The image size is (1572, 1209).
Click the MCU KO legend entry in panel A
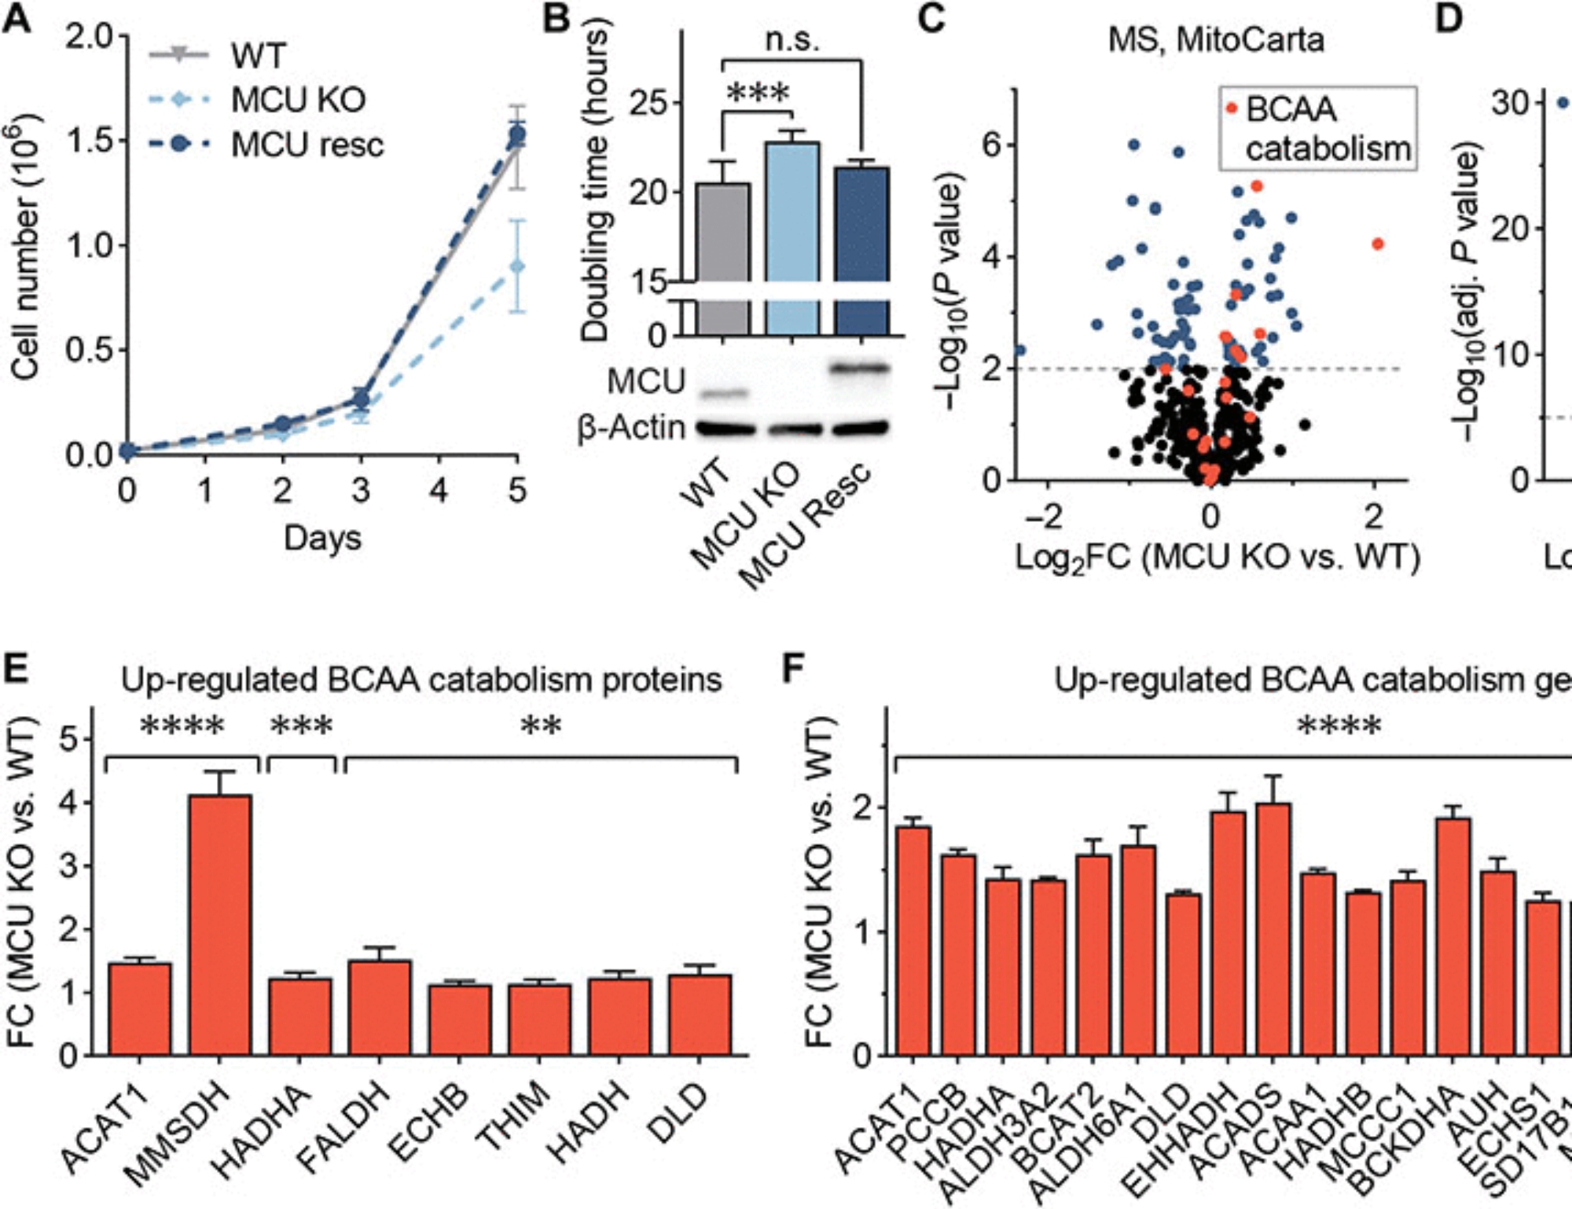(297, 100)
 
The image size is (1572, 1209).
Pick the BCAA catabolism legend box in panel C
(1318, 129)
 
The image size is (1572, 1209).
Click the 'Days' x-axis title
(322, 538)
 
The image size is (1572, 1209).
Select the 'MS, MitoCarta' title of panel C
(1215, 40)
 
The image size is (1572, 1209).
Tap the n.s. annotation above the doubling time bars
(792, 39)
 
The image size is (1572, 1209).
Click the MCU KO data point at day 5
(516, 266)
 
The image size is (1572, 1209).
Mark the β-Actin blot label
(631, 428)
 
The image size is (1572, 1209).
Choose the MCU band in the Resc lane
(861, 367)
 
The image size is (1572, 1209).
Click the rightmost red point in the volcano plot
(1377, 244)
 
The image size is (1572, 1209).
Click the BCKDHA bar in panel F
(1453, 936)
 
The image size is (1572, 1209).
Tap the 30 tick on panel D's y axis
(1509, 103)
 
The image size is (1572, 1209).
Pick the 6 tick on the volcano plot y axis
(991, 145)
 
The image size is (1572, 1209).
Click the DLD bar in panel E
(700, 1015)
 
